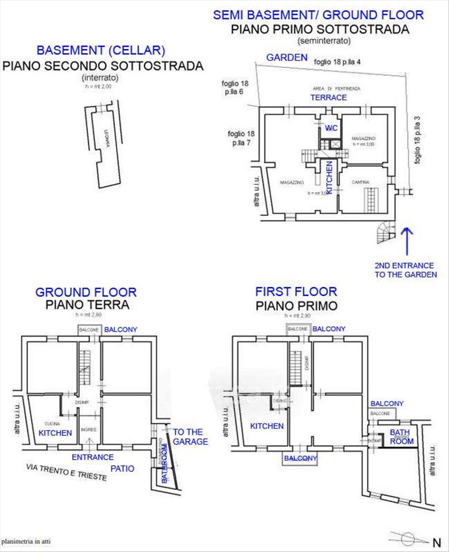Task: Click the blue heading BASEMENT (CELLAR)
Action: [x=101, y=51]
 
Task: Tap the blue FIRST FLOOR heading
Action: [x=295, y=291]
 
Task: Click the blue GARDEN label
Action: [x=287, y=57]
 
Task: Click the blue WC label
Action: [x=331, y=128]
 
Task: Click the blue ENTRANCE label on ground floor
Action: [x=93, y=457]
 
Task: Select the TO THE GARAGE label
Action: [x=191, y=436]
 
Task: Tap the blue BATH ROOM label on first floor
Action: [x=403, y=437]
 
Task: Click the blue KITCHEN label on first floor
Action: [x=267, y=426]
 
